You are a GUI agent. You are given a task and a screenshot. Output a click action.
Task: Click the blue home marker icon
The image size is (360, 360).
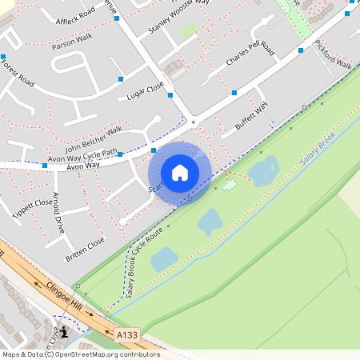(180, 172)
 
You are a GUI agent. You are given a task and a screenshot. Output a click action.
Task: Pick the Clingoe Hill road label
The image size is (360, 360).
(63, 292)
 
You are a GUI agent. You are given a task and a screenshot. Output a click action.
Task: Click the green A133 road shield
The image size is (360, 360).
(126, 334)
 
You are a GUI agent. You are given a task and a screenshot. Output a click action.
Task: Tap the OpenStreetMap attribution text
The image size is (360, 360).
(80, 354)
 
